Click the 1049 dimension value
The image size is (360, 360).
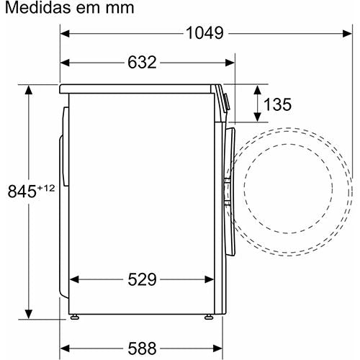pos(204,33)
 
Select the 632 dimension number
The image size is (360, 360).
pos(142,63)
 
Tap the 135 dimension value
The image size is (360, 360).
pos(277,104)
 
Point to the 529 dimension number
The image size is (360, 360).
pos(142,279)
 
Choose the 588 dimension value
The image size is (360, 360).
pos(142,348)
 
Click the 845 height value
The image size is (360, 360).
pos(22,192)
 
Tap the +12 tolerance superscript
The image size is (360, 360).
pos(46,188)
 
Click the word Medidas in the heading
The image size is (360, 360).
pos(38,7)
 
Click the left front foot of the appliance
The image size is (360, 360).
pos(75,317)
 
